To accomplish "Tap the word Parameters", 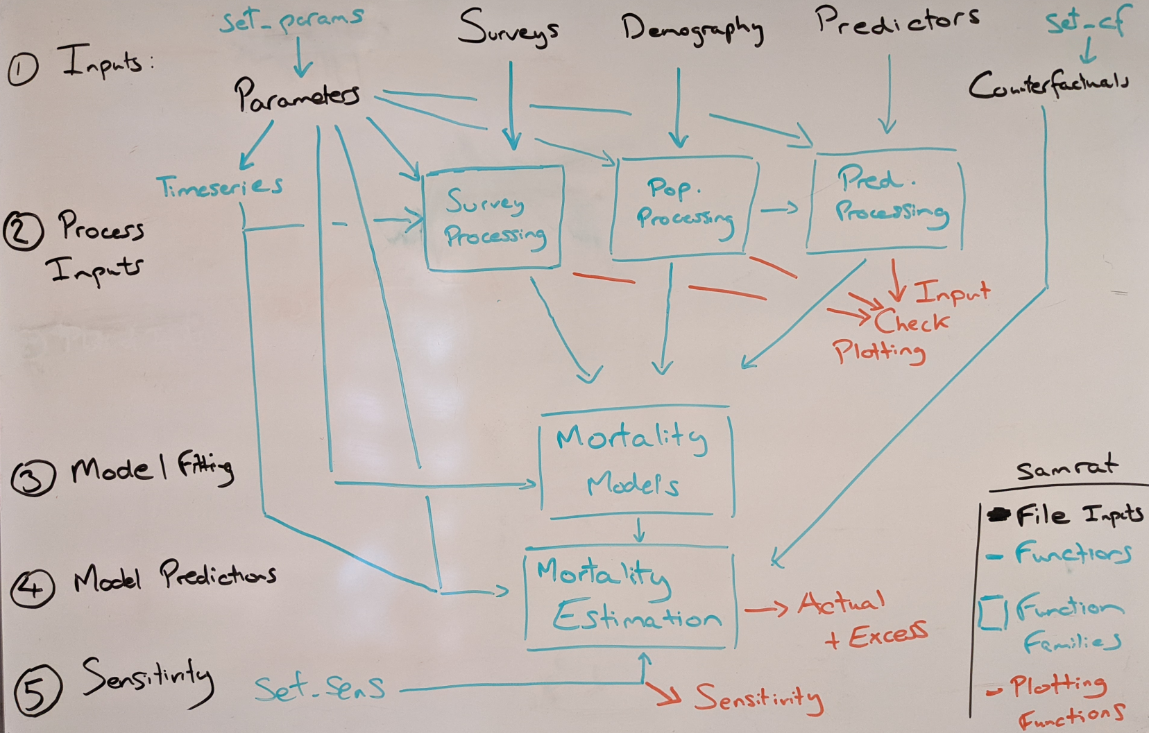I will [297, 95].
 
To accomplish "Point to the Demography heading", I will [692, 29].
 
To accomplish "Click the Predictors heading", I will [896, 21].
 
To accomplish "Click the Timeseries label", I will [219, 186].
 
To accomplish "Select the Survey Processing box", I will [493, 217].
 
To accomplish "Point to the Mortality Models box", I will [636, 462].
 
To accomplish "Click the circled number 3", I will [33, 478].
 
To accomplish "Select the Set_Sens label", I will [319, 688].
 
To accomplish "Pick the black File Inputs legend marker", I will [998, 515].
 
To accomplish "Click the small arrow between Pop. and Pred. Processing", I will [778, 208].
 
